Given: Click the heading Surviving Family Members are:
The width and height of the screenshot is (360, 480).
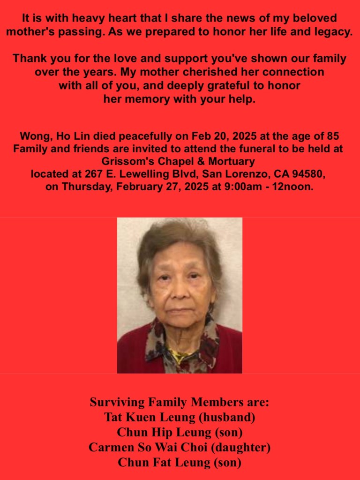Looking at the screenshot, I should (x=180, y=403).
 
